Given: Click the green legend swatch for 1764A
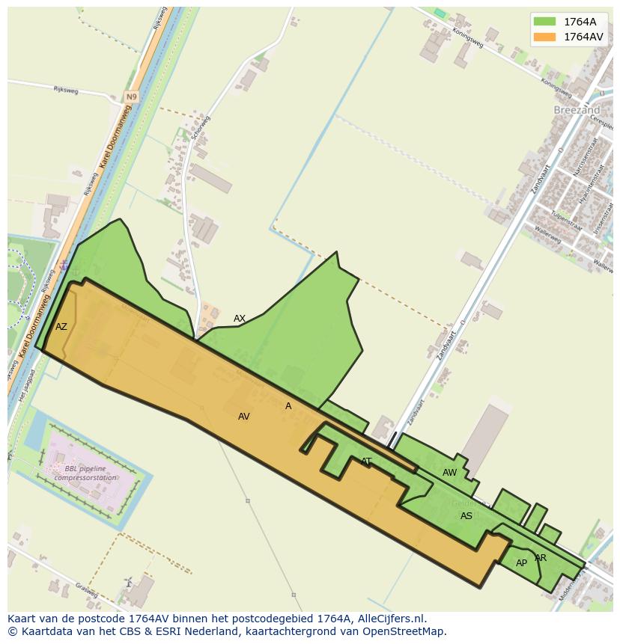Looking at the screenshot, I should [x=544, y=22].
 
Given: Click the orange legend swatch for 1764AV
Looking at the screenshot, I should [x=544, y=37].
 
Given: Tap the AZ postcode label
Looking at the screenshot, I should [x=61, y=327].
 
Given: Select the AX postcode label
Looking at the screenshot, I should [x=240, y=319].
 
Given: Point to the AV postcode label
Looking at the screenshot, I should [x=243, y=417].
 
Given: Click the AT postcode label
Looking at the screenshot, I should [x=366, y=461].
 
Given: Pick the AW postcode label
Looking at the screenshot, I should [x=449, y=473].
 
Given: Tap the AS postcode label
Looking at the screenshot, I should [x=466, y=516].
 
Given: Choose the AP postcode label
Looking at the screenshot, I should [x=521, y=563].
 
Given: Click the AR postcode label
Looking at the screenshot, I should [x=541, y=558].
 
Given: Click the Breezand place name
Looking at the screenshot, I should [x=577, y=109].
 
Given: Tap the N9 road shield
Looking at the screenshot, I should [x=132, y=97].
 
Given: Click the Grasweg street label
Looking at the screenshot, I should [x=86, y=590].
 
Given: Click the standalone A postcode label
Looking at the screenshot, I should [x=288, y=406].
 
